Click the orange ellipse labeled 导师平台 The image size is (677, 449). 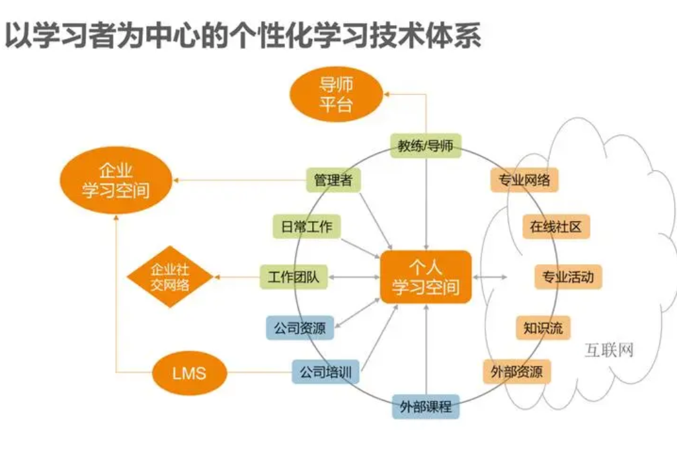pyautogui.click(x=336, y=94)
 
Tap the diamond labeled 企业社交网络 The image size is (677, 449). pyautogui.click(x=169, y=277)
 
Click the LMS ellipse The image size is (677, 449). pyautogui.click(x=189, y=373)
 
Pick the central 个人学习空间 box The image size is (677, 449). pyautogui.click(x=426, y=277)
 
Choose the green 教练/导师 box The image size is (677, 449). pyautogui.click(x=425, y=145)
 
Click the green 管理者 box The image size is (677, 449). pyautogui.click(x=333, y=180)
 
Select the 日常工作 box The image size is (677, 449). pyautogui.click(x=306, y=226)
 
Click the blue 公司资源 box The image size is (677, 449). pyautogui.click(x=299, y=328)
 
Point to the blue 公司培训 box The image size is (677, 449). pyautogui.click(x=325, y=372)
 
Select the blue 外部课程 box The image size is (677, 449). pyautogui.click(x=426, y=406)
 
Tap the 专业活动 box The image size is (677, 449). pyautogui.click(x=568, y=277)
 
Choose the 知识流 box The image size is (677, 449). pyautogui.click(x=543, y=328)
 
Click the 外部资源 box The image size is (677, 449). pyautogui.click(x=516, y=372)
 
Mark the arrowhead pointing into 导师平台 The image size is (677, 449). pyautogui.click(x=387, y=94)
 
